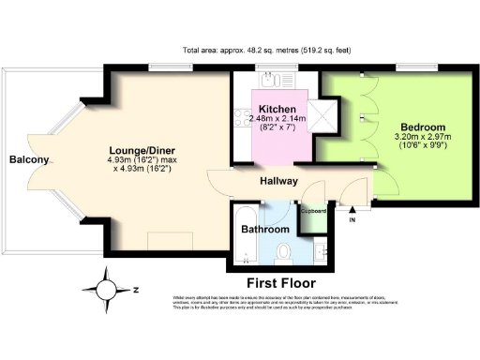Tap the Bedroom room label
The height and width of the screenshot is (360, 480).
point(423,127)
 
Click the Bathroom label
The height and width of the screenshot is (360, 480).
point(264,229)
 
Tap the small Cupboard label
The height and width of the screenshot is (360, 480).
point(314,212)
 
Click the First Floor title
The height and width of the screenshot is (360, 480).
point(281,282)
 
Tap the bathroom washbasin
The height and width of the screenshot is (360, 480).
point(322,249)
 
